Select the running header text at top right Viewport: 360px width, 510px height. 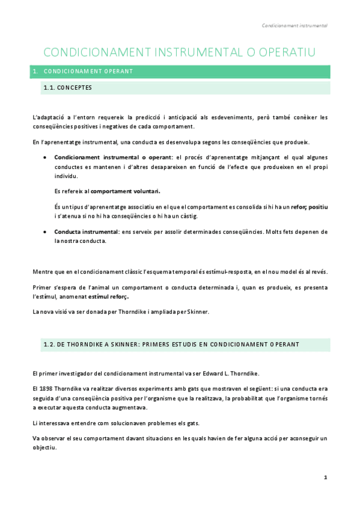tap(294, 26)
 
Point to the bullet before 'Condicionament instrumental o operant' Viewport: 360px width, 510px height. tap(46, 157)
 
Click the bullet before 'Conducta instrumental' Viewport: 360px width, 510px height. tap(46, 232)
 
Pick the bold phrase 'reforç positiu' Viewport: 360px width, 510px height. tap(309, 207)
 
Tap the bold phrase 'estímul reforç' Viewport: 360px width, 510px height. tap(109, 296)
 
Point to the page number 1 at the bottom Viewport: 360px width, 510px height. tap(325, 477)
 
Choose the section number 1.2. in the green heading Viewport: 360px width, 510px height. tap(50, 345)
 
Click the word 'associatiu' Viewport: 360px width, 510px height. tap(135, 207)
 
